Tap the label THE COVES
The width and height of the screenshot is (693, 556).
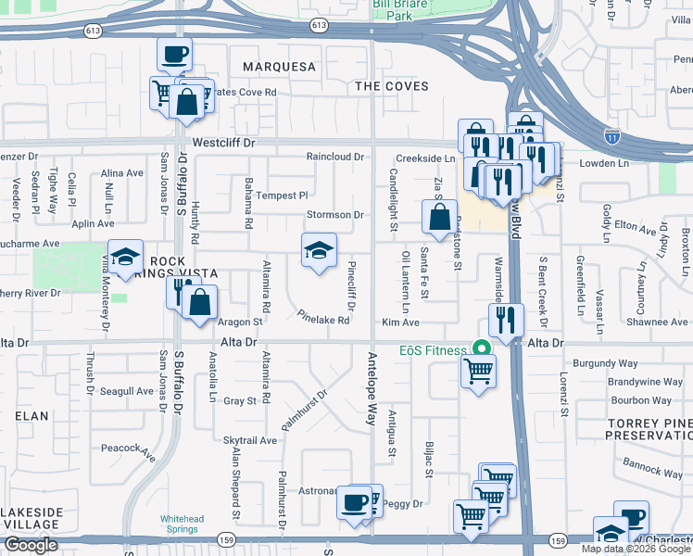pos(392,86)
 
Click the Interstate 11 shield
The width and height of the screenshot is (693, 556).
pos(612,135)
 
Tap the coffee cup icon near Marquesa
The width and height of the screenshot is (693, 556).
pos(173,55)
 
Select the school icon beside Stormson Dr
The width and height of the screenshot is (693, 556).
pos(319,250)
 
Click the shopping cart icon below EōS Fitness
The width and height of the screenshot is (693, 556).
pos(478,372)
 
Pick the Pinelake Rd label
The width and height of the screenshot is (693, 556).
pos(323,320)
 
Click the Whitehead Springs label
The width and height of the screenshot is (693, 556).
pos(180,524)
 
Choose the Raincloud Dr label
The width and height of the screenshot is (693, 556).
pos(335,157)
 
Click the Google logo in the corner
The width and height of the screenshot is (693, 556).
pos(31,545)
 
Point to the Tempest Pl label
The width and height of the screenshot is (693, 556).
pos(282,196)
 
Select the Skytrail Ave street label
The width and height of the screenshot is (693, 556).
pos(250,440)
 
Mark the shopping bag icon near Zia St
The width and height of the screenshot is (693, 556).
pos(439,218)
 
